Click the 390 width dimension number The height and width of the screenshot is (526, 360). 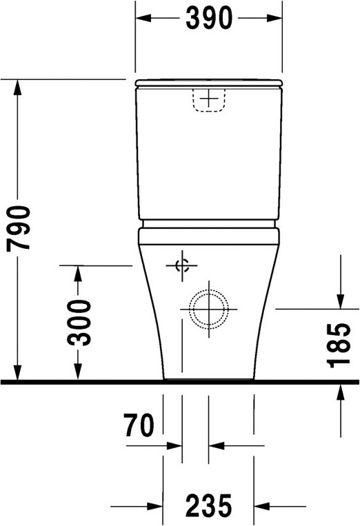[x=208, y=20]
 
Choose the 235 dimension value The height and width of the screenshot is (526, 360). [x=208, y=507]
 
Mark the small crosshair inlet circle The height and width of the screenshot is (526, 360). [x=182, y=266]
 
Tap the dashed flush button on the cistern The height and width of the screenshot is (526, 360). [x=208, y=99]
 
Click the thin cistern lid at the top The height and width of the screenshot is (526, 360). [x=208, y=83]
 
